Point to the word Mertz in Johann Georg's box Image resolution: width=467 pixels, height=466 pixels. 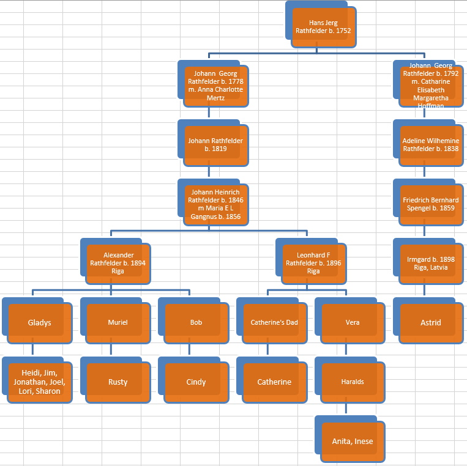tap(216, 98)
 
